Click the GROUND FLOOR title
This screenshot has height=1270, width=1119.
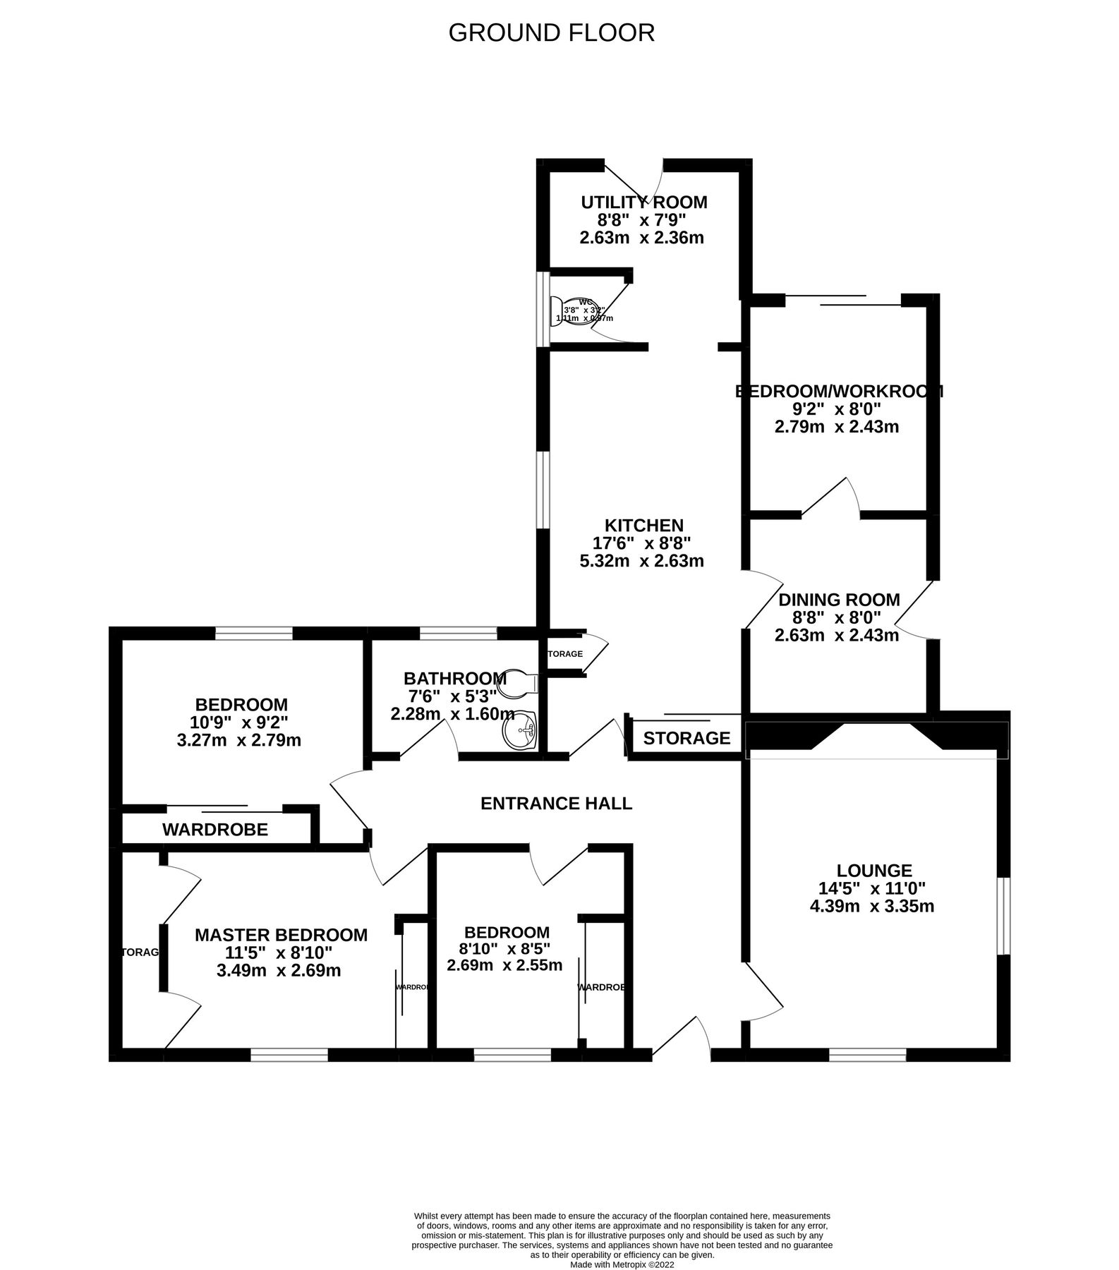click(x=551, y=32)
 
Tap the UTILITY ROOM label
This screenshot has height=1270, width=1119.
click(x=643, y=202)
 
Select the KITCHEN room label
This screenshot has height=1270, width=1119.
click(x=643, y=526)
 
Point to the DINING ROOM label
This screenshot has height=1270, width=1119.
click(x=839, y=600)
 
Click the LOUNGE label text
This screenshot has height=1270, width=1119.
click(x=874, y=871)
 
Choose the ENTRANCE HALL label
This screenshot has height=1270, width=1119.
click(x=556, y=803)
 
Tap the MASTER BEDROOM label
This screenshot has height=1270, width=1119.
click(x=281, y=935)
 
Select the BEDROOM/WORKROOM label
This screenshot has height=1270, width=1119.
click(x=839, y=391)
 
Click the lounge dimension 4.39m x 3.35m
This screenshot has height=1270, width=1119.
click(x=872, y=907)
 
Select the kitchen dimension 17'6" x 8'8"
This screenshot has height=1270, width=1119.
click(x=641, y=543)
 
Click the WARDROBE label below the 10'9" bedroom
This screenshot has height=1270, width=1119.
click(x=215, y=830)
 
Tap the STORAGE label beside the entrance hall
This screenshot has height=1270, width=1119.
click(x=686, y=738)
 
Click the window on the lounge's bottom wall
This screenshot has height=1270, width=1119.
click(x=867, y=1056)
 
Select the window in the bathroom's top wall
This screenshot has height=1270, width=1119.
click(x=458, y=634)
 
